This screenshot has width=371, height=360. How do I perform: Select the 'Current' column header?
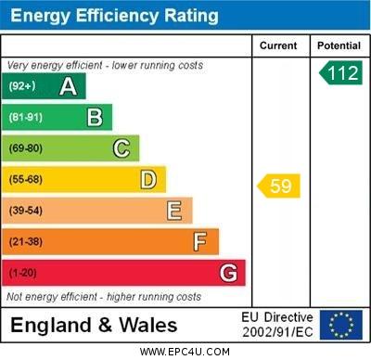(x=278, y=45)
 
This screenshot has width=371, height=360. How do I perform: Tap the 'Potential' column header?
(x=339, y=45)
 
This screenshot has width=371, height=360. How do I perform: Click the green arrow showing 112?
(x=340, y=72)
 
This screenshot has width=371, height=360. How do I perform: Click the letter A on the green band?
(x=68, y=86)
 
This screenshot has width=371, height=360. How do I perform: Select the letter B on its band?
(x=95, y=117)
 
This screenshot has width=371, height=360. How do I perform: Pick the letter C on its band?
(x=122, y=148)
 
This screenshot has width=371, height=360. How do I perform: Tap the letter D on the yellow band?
(x=148, y=179)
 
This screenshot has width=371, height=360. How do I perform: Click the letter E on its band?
(x=174, y=211)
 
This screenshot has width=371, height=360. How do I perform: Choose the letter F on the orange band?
(x=200, y=242)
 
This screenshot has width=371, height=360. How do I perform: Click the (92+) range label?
(x=23, y=86)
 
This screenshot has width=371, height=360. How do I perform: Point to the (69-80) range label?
(x=26, y=148)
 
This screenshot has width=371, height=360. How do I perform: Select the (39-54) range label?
(x=26, y=211)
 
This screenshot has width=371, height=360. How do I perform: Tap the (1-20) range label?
(x=23, y=274)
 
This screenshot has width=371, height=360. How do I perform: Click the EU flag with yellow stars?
(x=340, y=325)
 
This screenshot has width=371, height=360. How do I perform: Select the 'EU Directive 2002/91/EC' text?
(x=277, y=325)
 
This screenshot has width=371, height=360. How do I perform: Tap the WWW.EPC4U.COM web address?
(x=185, y=352)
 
